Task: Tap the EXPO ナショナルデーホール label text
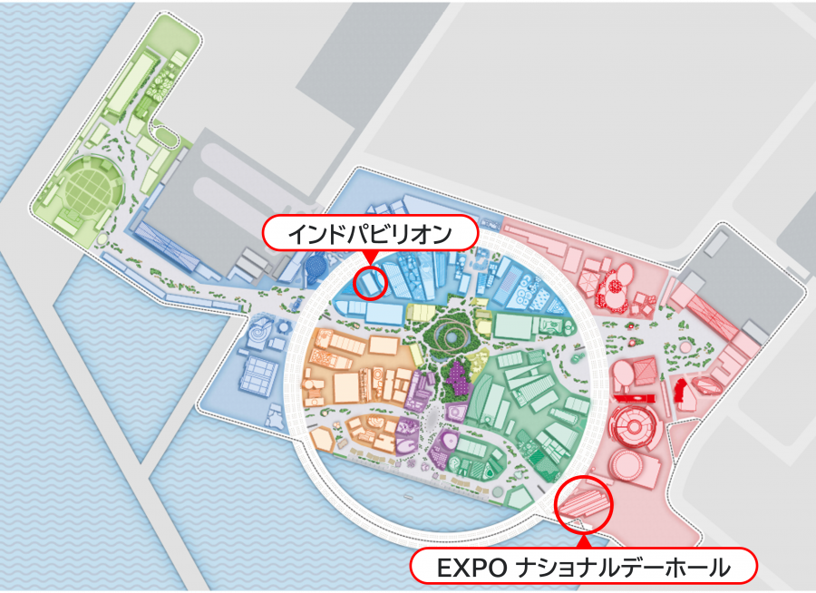click(x=583, y=569)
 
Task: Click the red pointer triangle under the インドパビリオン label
click(x=370, y=259)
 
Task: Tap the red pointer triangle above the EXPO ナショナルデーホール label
click(x=583, y=542)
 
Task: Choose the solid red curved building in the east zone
click(x=678, y=392)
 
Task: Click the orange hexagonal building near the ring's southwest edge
click(x=323, y=440)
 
